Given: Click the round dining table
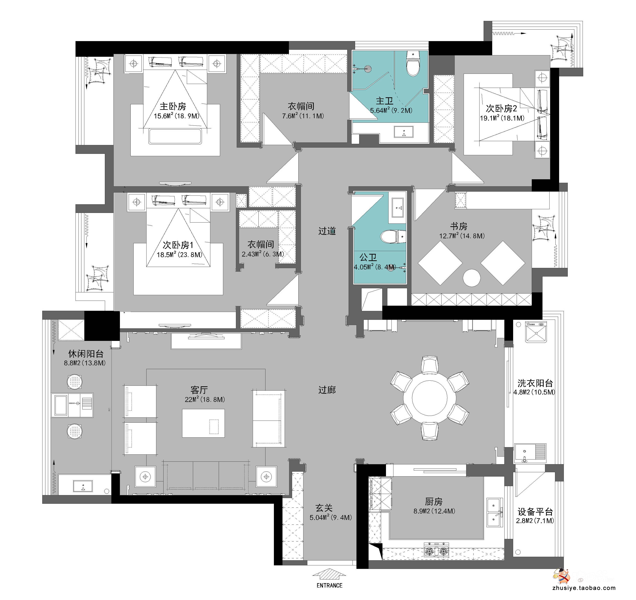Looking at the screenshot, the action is click(x=429, y=398).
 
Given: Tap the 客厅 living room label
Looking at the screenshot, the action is click(x=199, y=390).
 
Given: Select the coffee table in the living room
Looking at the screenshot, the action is click(x=203, y=423).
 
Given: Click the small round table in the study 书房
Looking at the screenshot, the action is click(x=471, y=278).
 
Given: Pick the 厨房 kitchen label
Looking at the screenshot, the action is click(x=434, y=501).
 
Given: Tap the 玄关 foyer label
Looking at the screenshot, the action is click(x=324, y=508).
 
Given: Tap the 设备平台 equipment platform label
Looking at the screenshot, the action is click(x=535, y=512).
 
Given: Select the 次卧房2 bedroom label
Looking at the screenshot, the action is click(x=501, y=108).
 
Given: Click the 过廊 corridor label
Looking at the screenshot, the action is click(x=327, y=390).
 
